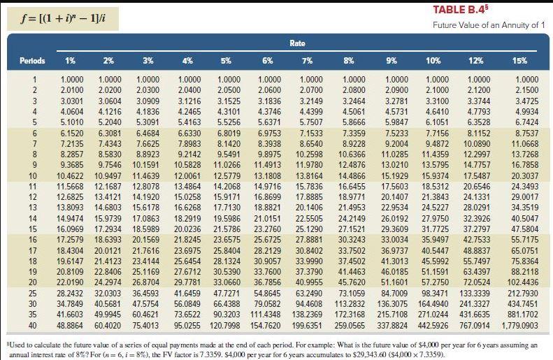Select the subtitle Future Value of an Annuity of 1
pyautogui.click(x=488, y=26)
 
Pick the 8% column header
pyautogui.click(x=350, y=60)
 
